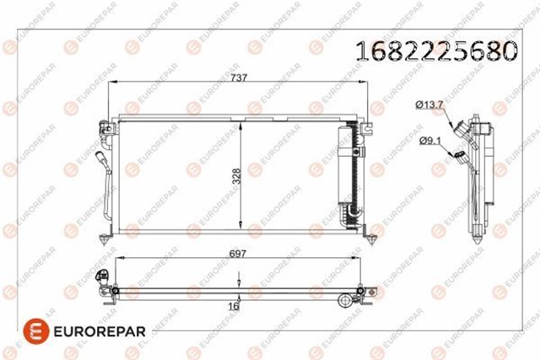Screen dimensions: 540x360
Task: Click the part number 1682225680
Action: pyautogui.click(x=436, y=51)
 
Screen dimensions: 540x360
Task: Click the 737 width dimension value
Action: pyautogui.click(x=239, y=78)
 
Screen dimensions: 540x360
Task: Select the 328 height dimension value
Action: pyautogui.click(x=236, y=176)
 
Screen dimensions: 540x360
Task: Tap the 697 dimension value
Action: pyautogui.click(x=238, y=254)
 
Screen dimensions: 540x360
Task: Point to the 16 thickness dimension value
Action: pyautogui.click(x=234, y=306)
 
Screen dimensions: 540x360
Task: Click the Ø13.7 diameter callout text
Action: pyautogui.click(x=429, y=105)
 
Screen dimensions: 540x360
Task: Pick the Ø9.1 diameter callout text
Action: pyautogui.click(x=429, y=141)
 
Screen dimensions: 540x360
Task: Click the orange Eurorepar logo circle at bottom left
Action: pyautogui.click(x=36, y=331)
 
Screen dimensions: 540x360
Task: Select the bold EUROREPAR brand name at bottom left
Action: pyautogui.click(x=100, y=332)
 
